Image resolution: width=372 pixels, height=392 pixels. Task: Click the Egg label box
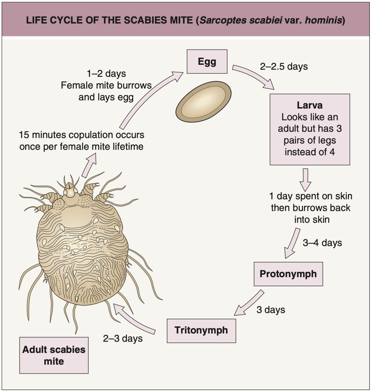pos(207,62)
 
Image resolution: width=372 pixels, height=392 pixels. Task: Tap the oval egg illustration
pos(203,102)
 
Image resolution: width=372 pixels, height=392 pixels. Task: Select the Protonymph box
pos(288,274)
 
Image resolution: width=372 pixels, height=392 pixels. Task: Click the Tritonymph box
pos(201,330)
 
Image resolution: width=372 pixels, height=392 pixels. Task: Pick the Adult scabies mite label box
pos(54,355)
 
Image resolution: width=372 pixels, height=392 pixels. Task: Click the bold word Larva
pos(310,105)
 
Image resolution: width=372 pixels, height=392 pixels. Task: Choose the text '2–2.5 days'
pos(284,67)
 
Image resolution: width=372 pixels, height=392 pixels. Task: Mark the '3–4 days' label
pos(322,243)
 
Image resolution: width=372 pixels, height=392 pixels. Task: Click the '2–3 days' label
pos(123,339)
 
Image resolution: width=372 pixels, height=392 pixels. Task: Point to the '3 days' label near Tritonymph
pos(270,310)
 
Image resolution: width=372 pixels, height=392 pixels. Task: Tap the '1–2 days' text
pos(106,74)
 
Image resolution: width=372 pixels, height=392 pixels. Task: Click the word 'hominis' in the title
pos(323,20)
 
